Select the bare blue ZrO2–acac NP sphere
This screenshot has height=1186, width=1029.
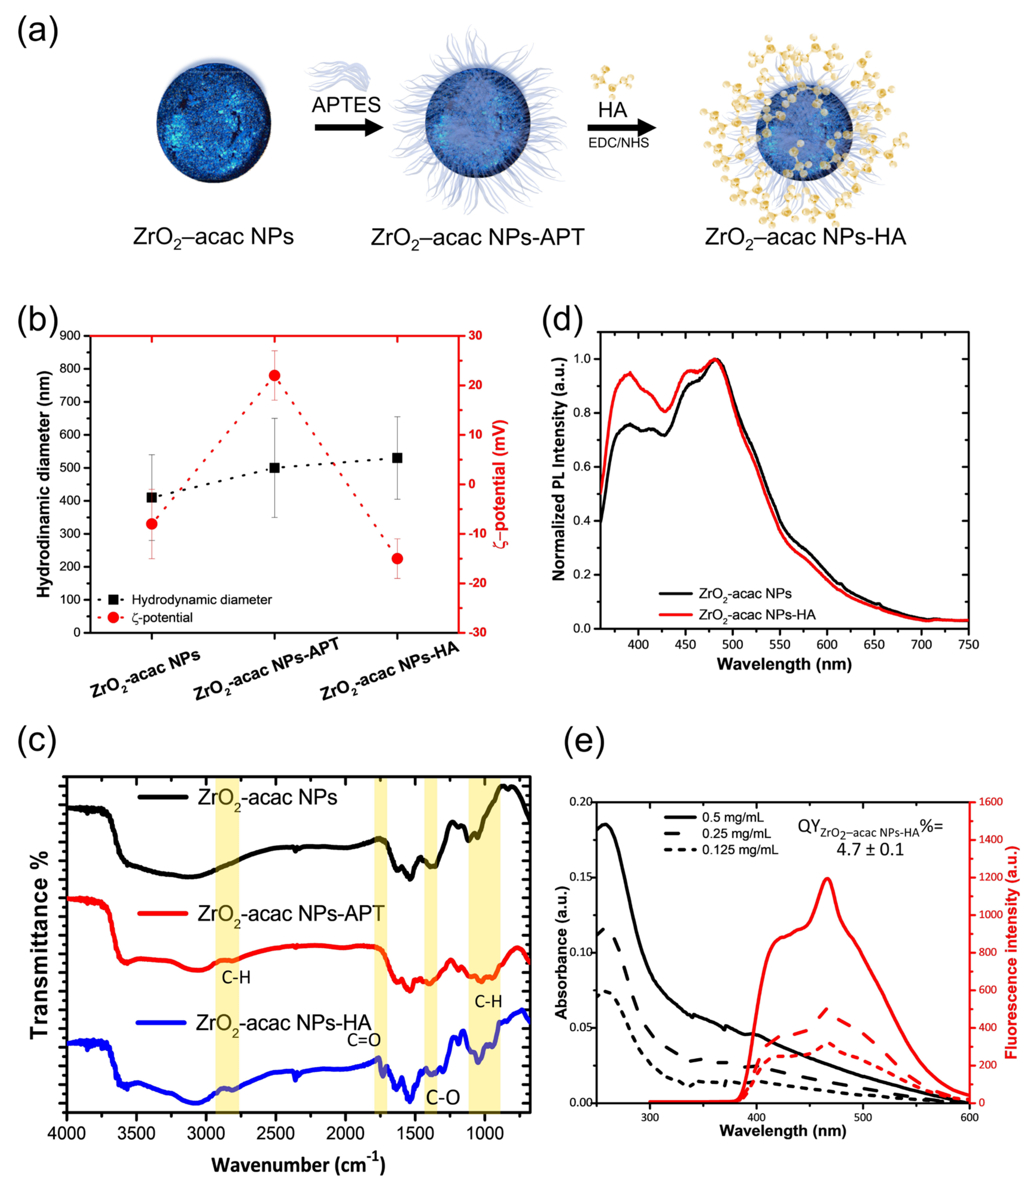(x=214, y=123)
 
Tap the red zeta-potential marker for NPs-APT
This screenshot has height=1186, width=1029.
(x=275, y=375)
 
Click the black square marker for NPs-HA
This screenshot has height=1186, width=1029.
(x=397, y=458)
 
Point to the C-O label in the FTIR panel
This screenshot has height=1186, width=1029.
(x=443, y=1097)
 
